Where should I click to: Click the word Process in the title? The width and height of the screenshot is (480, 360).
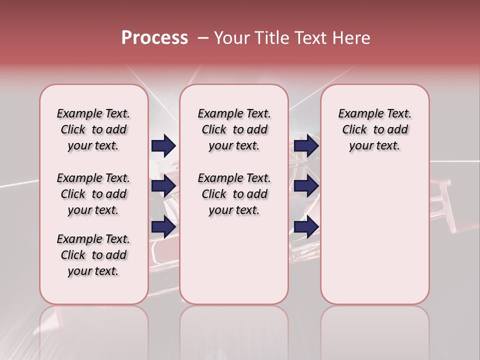(x=154, y=38)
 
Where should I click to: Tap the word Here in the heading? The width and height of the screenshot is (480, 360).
(x=350, y=38)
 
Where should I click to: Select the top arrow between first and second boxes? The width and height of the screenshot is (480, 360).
(x=163, y=145)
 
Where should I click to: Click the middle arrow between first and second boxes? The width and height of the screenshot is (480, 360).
(x=163, y=186)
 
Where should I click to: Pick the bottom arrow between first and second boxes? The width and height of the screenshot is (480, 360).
(x=163, y=226)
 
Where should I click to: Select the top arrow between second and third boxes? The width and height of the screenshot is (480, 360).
(x=306, y=145)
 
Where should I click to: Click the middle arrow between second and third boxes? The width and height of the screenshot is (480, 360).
(x=306, y=186)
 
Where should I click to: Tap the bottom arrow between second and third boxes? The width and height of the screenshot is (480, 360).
(x=306, y=226)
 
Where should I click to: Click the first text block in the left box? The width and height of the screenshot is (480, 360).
(x=93, y=129)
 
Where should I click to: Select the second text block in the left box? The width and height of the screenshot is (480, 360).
(x=93, y=194)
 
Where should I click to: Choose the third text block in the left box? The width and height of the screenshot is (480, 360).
(x=93, y=255)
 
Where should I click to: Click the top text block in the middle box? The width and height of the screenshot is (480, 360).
(x=234, y=129)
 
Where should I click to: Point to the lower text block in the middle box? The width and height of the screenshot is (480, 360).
(x=234, y=194)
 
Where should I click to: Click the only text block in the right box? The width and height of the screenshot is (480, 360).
(x=374, y=129)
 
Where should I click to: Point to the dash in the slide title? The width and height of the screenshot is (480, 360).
(x=202, y=38)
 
